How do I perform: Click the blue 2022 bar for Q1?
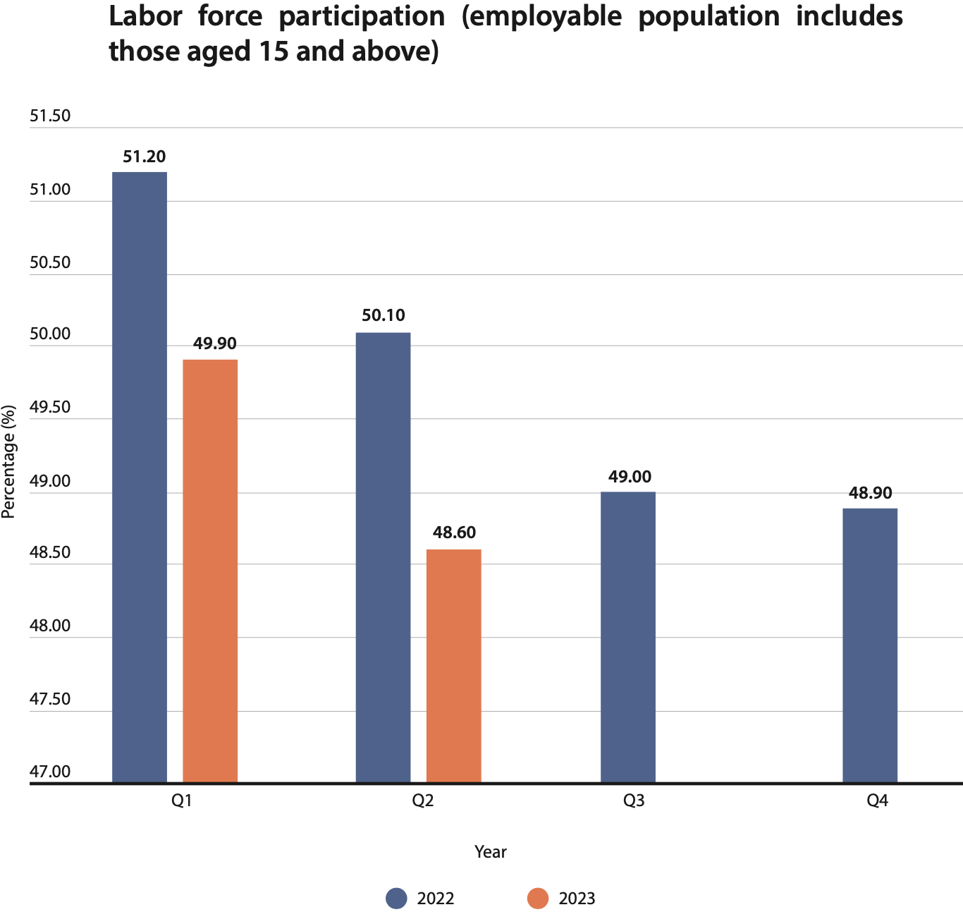click(x=140, y=477)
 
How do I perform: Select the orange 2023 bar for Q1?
click(x=210, y=571)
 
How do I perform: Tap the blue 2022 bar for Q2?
click(x=383, y=557)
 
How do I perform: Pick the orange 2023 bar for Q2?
click(x=454, y=665)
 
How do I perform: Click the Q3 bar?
click(x=627, y=637)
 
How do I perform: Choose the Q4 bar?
click(x=870, y=645)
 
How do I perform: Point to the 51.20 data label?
click(x=145, y=157)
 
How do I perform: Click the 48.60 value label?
click(x=454, y=533)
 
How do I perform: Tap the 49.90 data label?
click(x=215, y=343)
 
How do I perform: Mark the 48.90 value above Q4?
click(x=870, y=493)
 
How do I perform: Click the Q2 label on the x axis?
click(x=422, y=801)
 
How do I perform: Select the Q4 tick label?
click(x=877, y=801)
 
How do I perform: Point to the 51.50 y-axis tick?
click(x=50, y=116)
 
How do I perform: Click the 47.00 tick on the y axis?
click(x=50, y=772)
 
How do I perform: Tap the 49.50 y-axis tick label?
click(x=50, y=408)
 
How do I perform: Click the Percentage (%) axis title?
click(x=8, y=462)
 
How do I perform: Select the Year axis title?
click(x=490, y=852)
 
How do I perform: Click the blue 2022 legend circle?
click(x=397, y=898)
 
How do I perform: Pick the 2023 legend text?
click(x=577, y=899)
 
